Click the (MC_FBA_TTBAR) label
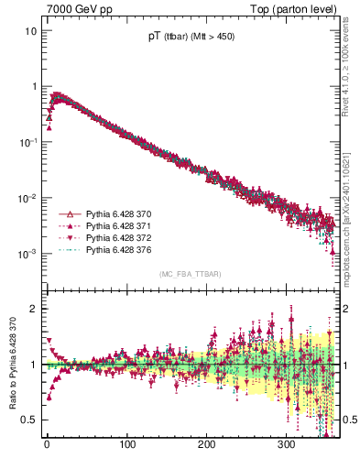189,274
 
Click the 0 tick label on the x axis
47,445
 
